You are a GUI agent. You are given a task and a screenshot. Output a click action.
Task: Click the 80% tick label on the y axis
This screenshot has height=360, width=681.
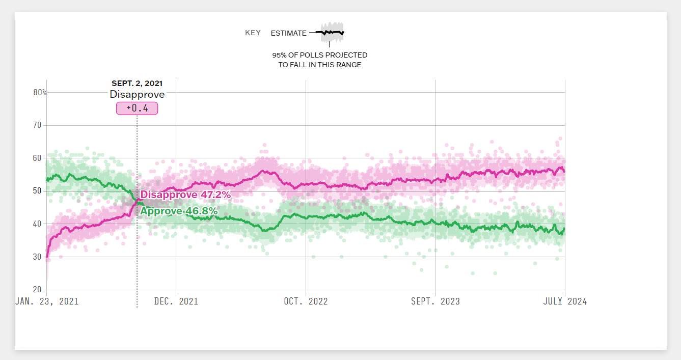(40, 93)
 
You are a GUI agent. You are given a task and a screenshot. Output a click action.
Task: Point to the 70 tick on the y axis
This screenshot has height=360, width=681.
(37, 125)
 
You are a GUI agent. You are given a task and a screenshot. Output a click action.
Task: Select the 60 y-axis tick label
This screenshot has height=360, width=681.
(37, 158)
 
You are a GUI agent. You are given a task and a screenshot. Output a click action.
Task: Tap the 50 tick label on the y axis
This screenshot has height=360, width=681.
(37, 191)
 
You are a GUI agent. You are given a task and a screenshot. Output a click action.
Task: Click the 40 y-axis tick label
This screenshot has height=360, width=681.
(37, 224)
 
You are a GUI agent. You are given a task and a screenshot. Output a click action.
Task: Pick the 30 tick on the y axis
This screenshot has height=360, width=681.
(37, 257)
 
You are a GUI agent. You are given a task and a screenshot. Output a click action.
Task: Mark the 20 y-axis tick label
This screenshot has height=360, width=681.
(37, 290)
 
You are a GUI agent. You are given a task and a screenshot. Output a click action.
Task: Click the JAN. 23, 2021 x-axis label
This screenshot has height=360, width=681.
(47, 301)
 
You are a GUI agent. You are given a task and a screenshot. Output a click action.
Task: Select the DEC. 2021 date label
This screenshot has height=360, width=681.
(176, 301)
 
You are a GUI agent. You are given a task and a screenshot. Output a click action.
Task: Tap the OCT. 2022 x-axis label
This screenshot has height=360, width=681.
(306, 301)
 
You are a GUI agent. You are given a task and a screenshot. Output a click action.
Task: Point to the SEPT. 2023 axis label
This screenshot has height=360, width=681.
(435, 301)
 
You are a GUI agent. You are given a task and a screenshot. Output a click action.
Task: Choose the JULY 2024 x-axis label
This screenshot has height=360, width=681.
(565, 301)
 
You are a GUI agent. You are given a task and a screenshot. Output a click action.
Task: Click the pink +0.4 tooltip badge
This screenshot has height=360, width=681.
(137, 108)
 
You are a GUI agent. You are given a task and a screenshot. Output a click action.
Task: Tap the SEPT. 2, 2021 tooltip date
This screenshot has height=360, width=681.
(137, 84)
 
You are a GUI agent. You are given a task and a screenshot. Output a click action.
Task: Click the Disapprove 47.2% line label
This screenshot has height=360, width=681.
(185, 195)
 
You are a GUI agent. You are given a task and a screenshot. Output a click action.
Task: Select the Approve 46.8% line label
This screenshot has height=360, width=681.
(179, 211)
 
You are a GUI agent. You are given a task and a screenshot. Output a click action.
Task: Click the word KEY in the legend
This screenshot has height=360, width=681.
(253, 33)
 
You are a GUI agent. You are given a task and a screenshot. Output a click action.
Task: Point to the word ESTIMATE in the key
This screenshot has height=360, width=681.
(288, 33)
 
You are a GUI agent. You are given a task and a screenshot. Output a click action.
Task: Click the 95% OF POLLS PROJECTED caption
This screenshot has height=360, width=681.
(319, 55)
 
